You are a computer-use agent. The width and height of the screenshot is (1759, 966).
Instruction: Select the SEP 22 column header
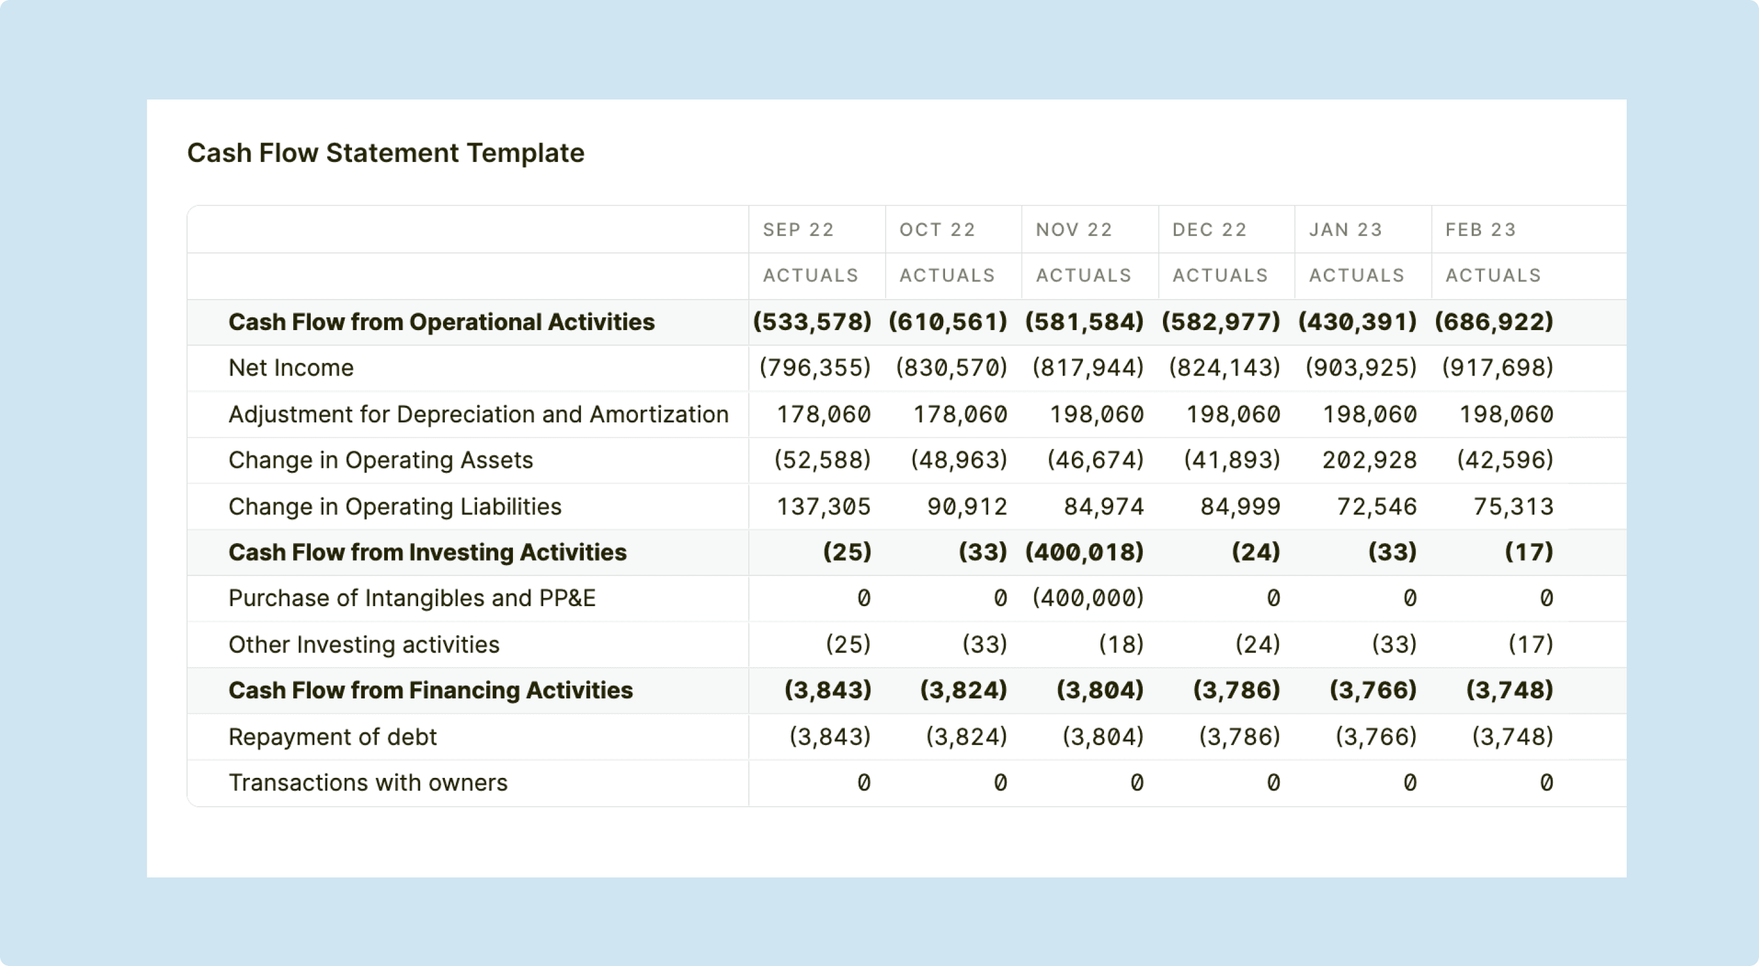[x=798, y=229]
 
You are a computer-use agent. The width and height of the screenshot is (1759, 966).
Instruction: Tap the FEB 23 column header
[x=1480, y=229]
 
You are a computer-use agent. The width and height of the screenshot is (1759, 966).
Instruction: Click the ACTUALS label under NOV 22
[x=1083, y=275]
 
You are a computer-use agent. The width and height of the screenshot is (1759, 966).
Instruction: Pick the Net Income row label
[x=291, y=368]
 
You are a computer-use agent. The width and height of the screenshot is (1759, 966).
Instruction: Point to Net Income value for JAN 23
[x=1361, y=368]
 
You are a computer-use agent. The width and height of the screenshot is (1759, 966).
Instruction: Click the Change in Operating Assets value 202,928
[x=1369, y=460]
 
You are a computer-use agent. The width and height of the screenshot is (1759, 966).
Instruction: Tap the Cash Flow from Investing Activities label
[x=427, y=552]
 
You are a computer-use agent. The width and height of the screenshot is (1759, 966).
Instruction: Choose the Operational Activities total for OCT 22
[x=948, y=322]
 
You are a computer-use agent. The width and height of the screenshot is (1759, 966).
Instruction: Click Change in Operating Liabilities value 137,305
[x=824, y=507]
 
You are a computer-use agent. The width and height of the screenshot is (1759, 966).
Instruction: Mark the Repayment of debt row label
[x=332, y=737]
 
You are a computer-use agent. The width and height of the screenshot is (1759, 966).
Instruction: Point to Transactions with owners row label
[x=367, y=782]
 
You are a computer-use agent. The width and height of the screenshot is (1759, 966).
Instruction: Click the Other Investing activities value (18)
[x=1121, y=644]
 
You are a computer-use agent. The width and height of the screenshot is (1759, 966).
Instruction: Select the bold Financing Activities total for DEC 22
[x=1236, y=690]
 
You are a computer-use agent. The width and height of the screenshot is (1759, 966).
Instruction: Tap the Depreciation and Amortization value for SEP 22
[x=824, y=414]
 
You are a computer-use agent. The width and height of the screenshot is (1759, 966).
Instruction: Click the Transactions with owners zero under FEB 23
[x=1547, y=782]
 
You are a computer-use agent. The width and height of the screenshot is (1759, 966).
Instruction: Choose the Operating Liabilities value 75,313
[x=1513, y=507]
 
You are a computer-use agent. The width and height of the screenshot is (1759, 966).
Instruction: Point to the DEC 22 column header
[x=1209, y=229]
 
